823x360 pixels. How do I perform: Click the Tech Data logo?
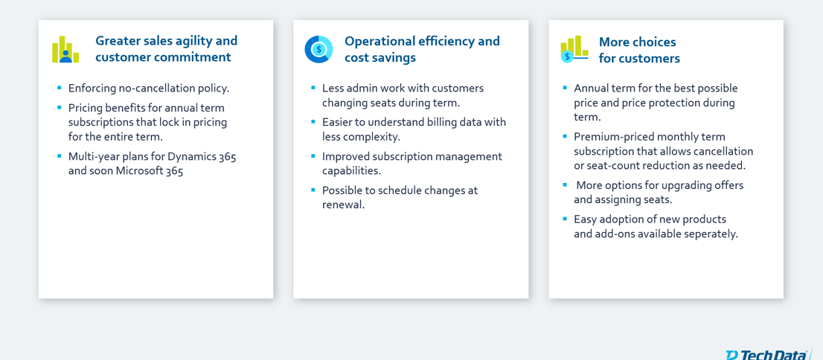pos(767,355)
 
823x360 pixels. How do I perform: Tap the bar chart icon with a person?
pos(65,49)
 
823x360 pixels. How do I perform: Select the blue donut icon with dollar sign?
pos(318,49)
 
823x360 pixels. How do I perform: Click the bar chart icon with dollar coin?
pos(574,49)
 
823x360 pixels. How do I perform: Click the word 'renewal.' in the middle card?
pos(343,205)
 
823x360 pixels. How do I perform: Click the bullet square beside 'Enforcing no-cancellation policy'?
pos(60,88)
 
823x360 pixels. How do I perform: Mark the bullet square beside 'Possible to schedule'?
pos(313,190)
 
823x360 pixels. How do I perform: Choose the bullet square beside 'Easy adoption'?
pos(565,219)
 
